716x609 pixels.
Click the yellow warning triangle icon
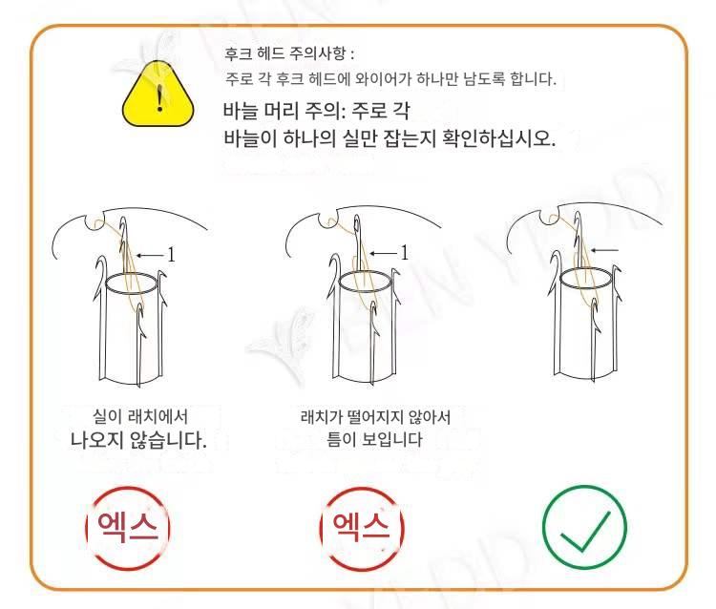tap(158, 94)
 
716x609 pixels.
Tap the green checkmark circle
tap(584, 527)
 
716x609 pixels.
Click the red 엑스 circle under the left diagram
tap(127, 528)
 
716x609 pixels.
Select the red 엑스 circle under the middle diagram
tap(362, 528)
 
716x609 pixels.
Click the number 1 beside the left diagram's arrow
tap(171, 255)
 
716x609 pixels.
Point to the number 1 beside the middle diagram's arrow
tap(404, 252)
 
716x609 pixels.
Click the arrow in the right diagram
tap(604, 250)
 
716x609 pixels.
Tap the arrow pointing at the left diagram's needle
tap(149, 255)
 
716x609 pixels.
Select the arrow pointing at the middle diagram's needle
tap(383, 253)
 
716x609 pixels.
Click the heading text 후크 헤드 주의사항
tap(284, 53)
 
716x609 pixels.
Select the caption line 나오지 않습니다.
tap(138, 440)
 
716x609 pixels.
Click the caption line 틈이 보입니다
tap(374, 439)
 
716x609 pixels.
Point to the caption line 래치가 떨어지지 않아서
tap(375, 417)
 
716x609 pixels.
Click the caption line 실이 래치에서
tap(140, 416)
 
